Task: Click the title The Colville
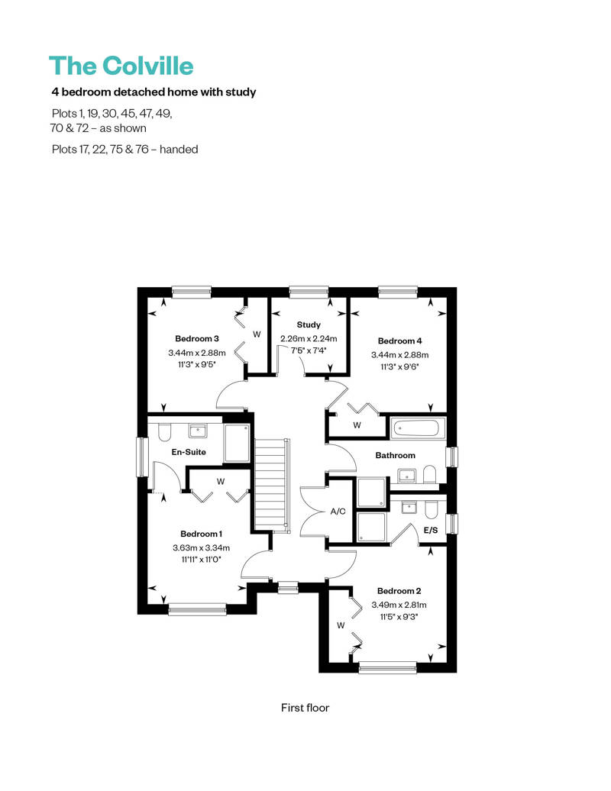121,66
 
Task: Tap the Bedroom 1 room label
202,534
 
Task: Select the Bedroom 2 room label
399,591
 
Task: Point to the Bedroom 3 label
197,338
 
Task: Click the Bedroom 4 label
399,341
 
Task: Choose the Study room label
309,325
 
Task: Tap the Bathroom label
395,455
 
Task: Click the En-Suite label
189,452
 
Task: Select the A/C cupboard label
338,512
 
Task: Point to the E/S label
431,530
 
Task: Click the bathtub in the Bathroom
419,428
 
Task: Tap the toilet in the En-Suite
165,432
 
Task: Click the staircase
273,484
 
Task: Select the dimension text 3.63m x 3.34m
202,548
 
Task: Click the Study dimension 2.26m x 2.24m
309,339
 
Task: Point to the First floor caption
305,708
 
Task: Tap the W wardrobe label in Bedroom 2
341,625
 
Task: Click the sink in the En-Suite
197,431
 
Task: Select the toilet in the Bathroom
429,474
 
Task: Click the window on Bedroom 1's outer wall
197,609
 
